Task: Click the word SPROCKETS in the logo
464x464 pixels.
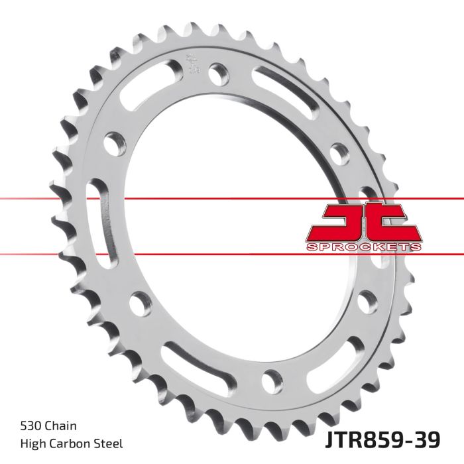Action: [363, 247]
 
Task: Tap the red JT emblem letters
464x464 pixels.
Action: [363, 222]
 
